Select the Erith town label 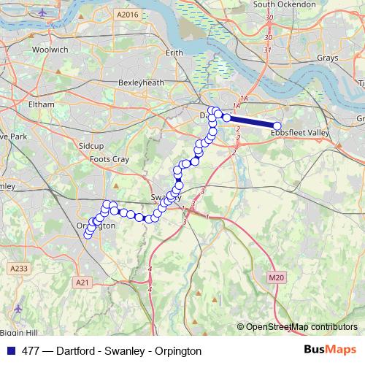pos(174,53)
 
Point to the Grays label pos(328,57)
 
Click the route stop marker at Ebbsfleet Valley pos(277,126)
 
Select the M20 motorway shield pos(274,277)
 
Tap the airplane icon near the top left pos(43,12)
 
